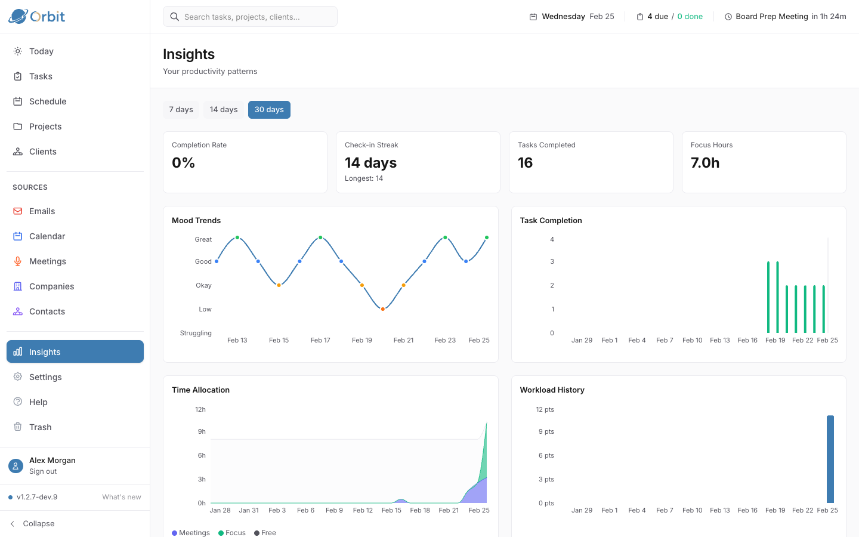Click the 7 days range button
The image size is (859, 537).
(181, 110)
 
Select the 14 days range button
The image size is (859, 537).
(224, 110)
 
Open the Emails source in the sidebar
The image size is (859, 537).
(42, 211)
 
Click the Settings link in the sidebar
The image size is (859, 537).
(45, 377)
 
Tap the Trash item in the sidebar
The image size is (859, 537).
(40, 427)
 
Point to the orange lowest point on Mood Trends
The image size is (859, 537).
(383, 309)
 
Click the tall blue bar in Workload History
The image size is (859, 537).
(830, 459)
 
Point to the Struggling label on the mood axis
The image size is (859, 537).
(196, 333)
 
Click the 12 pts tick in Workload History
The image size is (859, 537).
(545, 409)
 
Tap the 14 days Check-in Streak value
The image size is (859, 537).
(370, 163)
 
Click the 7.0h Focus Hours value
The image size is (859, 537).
(705, 163)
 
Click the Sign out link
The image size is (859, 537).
(43, 471)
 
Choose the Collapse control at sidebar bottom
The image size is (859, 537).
(38, 524)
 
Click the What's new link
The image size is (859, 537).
(122, 497)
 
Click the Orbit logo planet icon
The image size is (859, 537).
(18, 16)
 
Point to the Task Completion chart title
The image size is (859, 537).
(551, 221)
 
